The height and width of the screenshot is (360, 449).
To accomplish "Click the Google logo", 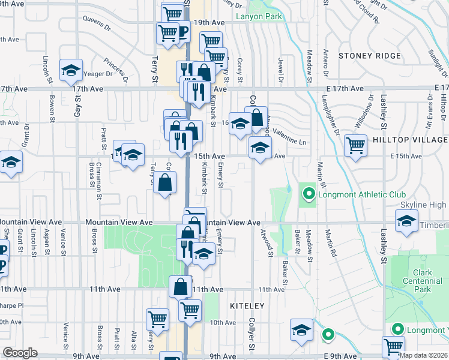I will tap(20, 353).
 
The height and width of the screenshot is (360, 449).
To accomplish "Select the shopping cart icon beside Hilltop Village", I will tap(356, 145).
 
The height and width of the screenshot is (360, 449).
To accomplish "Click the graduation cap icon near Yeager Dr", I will tap(71, 70).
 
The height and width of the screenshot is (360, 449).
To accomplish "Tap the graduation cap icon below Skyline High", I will tap(406, 221).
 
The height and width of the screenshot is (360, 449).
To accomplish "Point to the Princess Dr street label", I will tap(115, 69).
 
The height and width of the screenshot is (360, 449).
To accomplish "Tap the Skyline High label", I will tap(423, 205).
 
